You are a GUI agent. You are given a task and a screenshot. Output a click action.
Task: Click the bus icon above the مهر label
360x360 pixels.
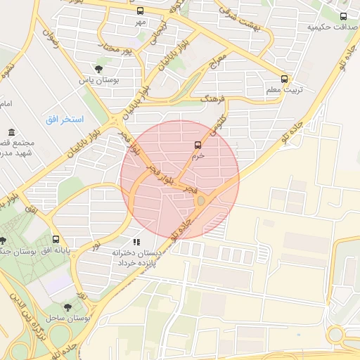point(140,11)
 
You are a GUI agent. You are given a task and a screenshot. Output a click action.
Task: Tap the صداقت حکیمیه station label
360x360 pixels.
point(327,27)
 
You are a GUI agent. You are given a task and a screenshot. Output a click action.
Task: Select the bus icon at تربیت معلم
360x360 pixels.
point(284,79)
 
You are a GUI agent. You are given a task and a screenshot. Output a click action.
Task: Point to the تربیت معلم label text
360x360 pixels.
point(285,90)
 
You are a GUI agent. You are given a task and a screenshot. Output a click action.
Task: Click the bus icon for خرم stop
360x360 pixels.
point(198,145)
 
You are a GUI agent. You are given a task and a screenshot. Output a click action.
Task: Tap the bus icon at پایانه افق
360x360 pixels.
point(56,240)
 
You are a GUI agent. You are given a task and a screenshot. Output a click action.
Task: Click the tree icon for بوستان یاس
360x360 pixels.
point(98,69)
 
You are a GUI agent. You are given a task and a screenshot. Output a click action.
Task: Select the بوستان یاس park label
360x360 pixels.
point(99,81)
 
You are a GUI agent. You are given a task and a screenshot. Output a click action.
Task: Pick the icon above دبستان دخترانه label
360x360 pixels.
point(136,242)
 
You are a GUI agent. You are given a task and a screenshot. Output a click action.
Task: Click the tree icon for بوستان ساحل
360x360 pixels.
point(68,307)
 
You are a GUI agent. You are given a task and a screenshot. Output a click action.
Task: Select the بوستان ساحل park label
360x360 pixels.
point(68,319)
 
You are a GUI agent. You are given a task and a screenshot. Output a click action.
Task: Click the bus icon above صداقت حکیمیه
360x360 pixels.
point(342,15)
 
